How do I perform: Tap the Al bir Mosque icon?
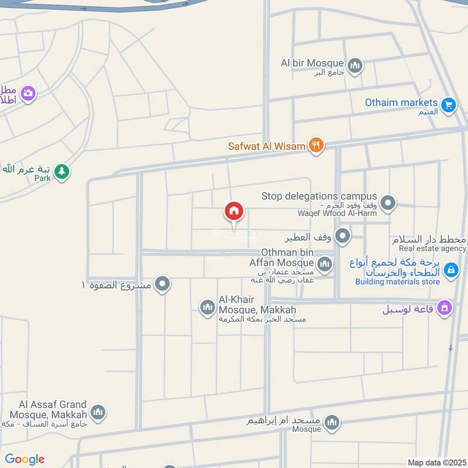click(355, 66)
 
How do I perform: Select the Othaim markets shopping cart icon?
click(449, 105)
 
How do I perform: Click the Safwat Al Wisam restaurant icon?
click(316, 145)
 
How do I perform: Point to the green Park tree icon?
click(61, 172)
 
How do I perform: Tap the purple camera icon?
click(27, 93)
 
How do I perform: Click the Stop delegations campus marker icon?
click(387, 204)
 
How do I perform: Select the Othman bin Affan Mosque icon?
click(325, 264)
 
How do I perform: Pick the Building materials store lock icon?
click(450, 270)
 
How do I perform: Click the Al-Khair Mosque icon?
click(207, 307)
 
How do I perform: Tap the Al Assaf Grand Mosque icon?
click(98, 412)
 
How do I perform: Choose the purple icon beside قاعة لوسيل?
click(445, 308)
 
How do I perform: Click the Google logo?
click(25, 459)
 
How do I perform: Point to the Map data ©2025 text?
click(436, 462)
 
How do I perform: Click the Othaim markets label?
click(401, 102)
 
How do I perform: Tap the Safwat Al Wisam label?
click(267, 146)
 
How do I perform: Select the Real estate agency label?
click(429, 249)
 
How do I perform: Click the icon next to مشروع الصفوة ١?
click(163, 285)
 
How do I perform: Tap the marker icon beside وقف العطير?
click(343, 237)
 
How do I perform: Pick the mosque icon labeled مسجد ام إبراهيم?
click(332, 422)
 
